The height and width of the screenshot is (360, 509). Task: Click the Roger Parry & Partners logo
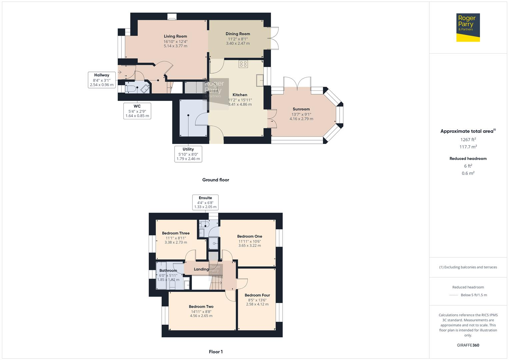[468, 27]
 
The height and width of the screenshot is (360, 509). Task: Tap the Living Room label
[175, 36]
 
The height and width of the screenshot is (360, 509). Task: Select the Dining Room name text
[238, 34]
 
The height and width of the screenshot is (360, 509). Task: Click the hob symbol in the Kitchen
[243, 64]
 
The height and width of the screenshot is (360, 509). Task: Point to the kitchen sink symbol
[260, 80]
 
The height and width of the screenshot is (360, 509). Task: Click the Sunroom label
[301, 109]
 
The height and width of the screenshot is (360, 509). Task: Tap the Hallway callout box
[101, 80]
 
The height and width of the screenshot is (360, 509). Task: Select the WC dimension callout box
[137, 111]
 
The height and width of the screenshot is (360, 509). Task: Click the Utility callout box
[188, 154]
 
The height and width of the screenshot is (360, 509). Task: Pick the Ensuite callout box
[205, 202]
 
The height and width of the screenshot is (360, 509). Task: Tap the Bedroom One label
[249, 236]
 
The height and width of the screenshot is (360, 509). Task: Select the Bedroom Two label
[201, 307]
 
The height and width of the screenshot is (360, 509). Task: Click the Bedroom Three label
[176, 233]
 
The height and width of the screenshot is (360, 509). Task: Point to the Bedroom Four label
[257, 295]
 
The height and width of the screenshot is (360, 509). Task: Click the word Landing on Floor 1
[201, 269]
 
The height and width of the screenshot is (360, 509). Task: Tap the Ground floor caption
[215, 180]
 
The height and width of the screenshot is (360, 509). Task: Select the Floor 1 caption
[215, 352]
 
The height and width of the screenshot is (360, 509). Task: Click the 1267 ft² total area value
[468, 140]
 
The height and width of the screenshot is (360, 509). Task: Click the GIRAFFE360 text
[468, 345]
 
